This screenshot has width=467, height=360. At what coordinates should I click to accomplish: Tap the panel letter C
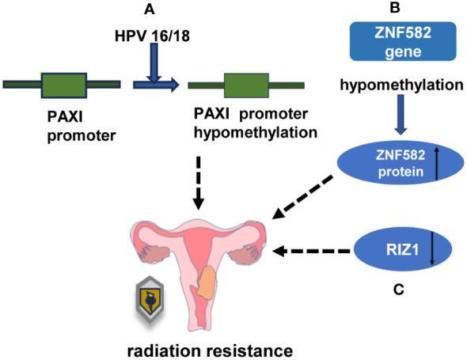(x=398, y=290)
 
